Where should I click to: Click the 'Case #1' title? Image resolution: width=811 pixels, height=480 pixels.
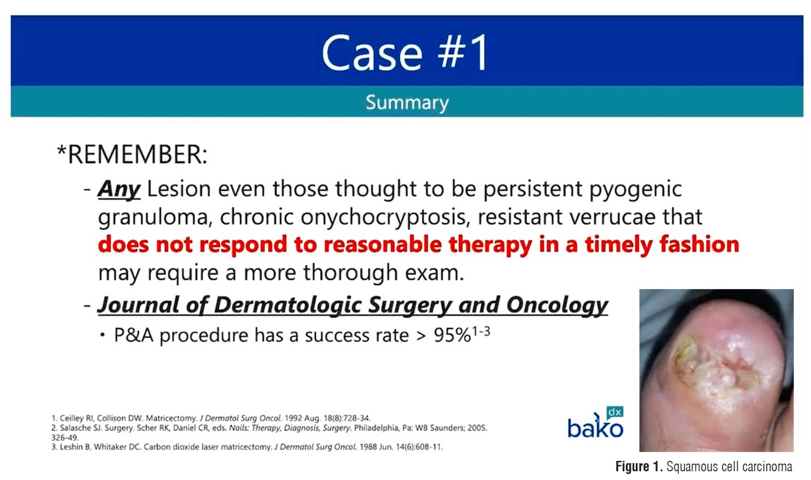click(405, 53)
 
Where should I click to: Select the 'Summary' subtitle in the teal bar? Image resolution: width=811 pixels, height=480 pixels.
click(407, 103)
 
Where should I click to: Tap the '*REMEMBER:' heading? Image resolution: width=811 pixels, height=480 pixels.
click(132, 155)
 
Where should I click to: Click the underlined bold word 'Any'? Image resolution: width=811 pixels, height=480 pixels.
click(119, 190)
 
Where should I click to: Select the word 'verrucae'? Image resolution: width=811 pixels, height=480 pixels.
click(612, 217)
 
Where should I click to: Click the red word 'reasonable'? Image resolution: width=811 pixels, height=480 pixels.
click(383, 244)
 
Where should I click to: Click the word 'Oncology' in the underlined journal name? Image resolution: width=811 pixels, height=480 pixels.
click(557, 305)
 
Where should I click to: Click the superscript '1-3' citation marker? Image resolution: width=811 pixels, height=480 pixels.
click(481, 331)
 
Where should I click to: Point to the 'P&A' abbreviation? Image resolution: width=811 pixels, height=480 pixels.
click(134, 335)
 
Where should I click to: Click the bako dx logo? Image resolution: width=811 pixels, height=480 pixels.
click(596, 422)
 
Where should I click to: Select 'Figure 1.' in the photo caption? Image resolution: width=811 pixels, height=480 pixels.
click(639, 466)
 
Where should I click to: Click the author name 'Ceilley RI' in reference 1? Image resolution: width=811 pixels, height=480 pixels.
click(77, 418)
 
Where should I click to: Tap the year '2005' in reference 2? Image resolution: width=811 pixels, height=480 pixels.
click(477, 428)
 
